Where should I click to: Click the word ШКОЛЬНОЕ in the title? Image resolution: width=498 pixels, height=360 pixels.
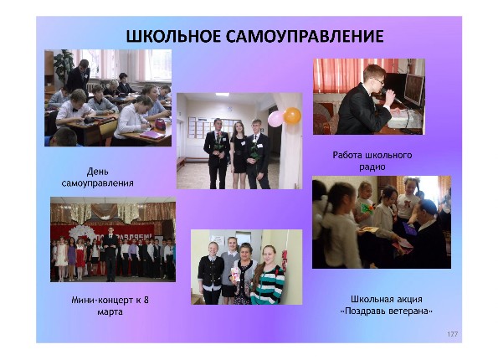(173, 36)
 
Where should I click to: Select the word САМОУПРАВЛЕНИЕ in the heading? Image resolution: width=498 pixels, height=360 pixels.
(305, 36)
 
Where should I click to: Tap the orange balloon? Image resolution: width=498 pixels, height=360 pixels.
(292, 116)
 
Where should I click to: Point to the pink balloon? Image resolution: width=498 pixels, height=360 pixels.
(275, 119)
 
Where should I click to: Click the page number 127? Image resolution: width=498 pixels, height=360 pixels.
(452, 334)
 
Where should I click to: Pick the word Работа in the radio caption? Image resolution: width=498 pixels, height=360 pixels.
(348, 155)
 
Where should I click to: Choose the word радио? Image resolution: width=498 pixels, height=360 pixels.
(372, 167)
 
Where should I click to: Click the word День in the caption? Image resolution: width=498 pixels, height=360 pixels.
(97, 172)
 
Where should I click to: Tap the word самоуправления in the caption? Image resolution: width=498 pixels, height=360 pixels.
(97, 183)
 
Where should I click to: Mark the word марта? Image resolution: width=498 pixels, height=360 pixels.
(110, 311)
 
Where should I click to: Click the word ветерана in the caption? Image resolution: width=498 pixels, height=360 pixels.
(412, 311)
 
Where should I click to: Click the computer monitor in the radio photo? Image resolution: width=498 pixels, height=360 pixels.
(413, 90)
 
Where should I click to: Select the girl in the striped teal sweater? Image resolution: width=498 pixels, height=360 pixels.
(269, 275)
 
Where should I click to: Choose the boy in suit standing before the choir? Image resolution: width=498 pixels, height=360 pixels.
(110, 255)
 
